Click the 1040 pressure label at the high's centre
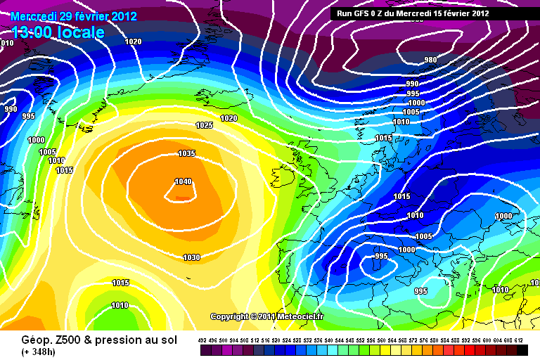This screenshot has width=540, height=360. pyautogui.click(x=183, y=181)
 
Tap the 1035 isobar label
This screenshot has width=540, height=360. pyautogui.click(x=187, y=153)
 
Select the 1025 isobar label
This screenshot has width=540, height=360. pyautogui.click(x=204, y=125)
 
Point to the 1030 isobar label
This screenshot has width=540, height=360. pyautogui.click(x=191, y=257)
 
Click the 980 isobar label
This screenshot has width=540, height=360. pyautogui.click(x=431, y=60)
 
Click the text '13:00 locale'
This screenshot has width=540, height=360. pyautogui.click(x=58, y=32)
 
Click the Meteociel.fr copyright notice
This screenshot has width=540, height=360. pyautogui.click(x=266, y=316)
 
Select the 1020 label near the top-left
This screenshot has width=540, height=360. pyautogui.click(x=133, y=41)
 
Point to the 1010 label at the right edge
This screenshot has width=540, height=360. pyautogui.click(x=501, y=290)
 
